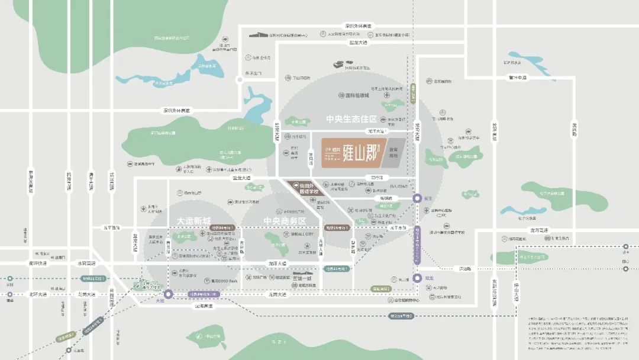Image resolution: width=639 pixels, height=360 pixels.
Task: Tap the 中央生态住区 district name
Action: [351, 119]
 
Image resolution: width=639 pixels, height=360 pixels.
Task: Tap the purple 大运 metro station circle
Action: [168, 294]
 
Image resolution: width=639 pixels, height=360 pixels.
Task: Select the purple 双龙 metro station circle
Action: [418, 277]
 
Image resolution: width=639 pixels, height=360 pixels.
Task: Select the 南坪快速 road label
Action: [37, 263]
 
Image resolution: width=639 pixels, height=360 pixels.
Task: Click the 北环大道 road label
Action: [37, 294]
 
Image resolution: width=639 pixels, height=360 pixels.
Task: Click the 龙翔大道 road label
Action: [276, 263]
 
